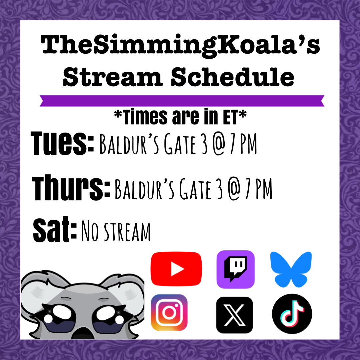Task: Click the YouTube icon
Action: [x=176, y=269]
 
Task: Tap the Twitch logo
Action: [x=235, y=269]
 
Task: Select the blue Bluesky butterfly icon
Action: [x=291, y=269]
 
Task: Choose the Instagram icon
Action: [x=169, y=312]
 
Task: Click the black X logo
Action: [x=234, y=315]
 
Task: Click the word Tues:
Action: [x=63, y=144]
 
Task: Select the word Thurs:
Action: [x=71, y=189]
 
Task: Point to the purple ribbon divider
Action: [x=182, y=101]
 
